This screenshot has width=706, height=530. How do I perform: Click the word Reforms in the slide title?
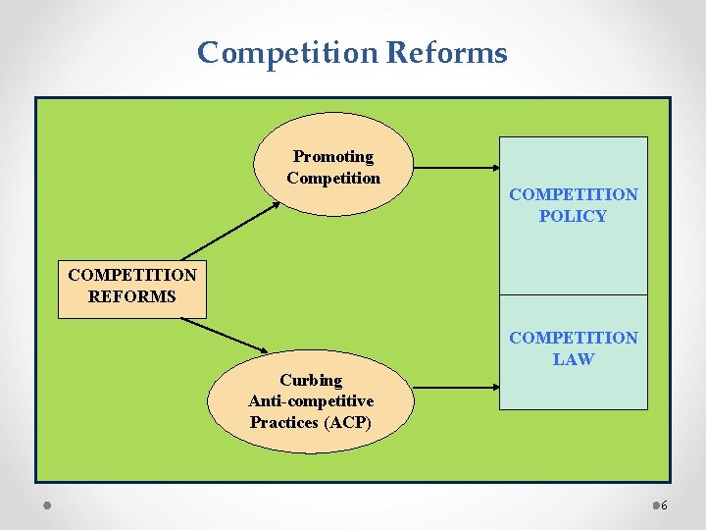click(447, 52)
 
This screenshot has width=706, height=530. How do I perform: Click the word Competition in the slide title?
click(287, 52)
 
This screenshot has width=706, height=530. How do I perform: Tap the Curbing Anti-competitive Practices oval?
click(311, 400)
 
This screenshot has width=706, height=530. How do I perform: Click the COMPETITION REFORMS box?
click(132, 286)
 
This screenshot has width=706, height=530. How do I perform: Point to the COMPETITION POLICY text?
click(573, 205)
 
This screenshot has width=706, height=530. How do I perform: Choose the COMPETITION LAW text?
click(573, 348)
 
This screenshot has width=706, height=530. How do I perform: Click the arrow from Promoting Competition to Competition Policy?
click(457, 168)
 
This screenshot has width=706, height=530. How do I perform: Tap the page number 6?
click(664, 505)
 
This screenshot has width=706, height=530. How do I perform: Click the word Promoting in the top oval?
click(333, 157)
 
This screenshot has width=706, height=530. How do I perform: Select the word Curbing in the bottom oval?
click(311, 380)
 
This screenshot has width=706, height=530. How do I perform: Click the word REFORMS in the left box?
click(132, 296)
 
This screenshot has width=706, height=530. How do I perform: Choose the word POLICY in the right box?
click(573, 216)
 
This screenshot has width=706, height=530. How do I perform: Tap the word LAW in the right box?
click(573, 359)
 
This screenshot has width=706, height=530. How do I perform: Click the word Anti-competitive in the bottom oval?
click(311, 400)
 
